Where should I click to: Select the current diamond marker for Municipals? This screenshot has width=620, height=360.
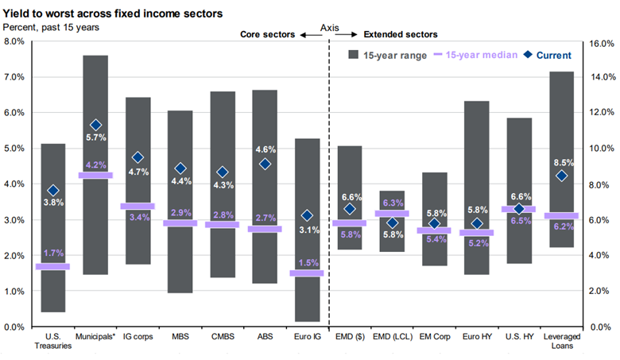95,125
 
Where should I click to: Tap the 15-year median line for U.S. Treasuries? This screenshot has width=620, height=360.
52,266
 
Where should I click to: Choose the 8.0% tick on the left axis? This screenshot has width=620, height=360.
16,41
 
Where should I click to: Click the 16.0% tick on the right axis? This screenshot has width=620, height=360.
601,45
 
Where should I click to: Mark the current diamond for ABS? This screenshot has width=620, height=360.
265,164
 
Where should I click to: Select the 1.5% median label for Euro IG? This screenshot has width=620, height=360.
307,262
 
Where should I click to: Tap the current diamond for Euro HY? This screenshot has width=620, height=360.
477,223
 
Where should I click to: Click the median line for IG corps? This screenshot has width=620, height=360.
138,206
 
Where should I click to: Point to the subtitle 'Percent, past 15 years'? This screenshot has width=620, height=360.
52,26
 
